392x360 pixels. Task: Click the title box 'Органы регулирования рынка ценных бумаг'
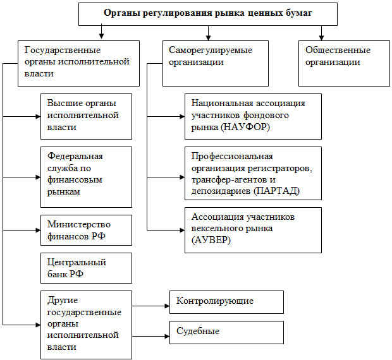pos(208,13)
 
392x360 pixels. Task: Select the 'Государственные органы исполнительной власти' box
pos(78,63)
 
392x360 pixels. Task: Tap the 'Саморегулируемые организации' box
pos(215,63)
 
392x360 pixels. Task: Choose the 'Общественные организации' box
pos(344,63)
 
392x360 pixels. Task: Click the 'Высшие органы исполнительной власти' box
pos(86,116)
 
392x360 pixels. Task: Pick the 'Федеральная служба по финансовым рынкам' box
pos(86,177)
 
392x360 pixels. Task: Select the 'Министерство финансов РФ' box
pos(86,230)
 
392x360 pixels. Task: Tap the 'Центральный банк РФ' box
pos(86,268)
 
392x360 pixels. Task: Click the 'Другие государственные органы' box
pos(86,323)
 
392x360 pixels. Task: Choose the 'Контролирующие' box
pos(226,301)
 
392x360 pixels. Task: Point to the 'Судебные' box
pos(226,332)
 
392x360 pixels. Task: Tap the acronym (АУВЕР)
pos(211,241)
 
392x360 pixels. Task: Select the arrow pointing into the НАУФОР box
pos(181,117)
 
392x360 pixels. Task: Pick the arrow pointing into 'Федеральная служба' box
pos(37,177)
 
